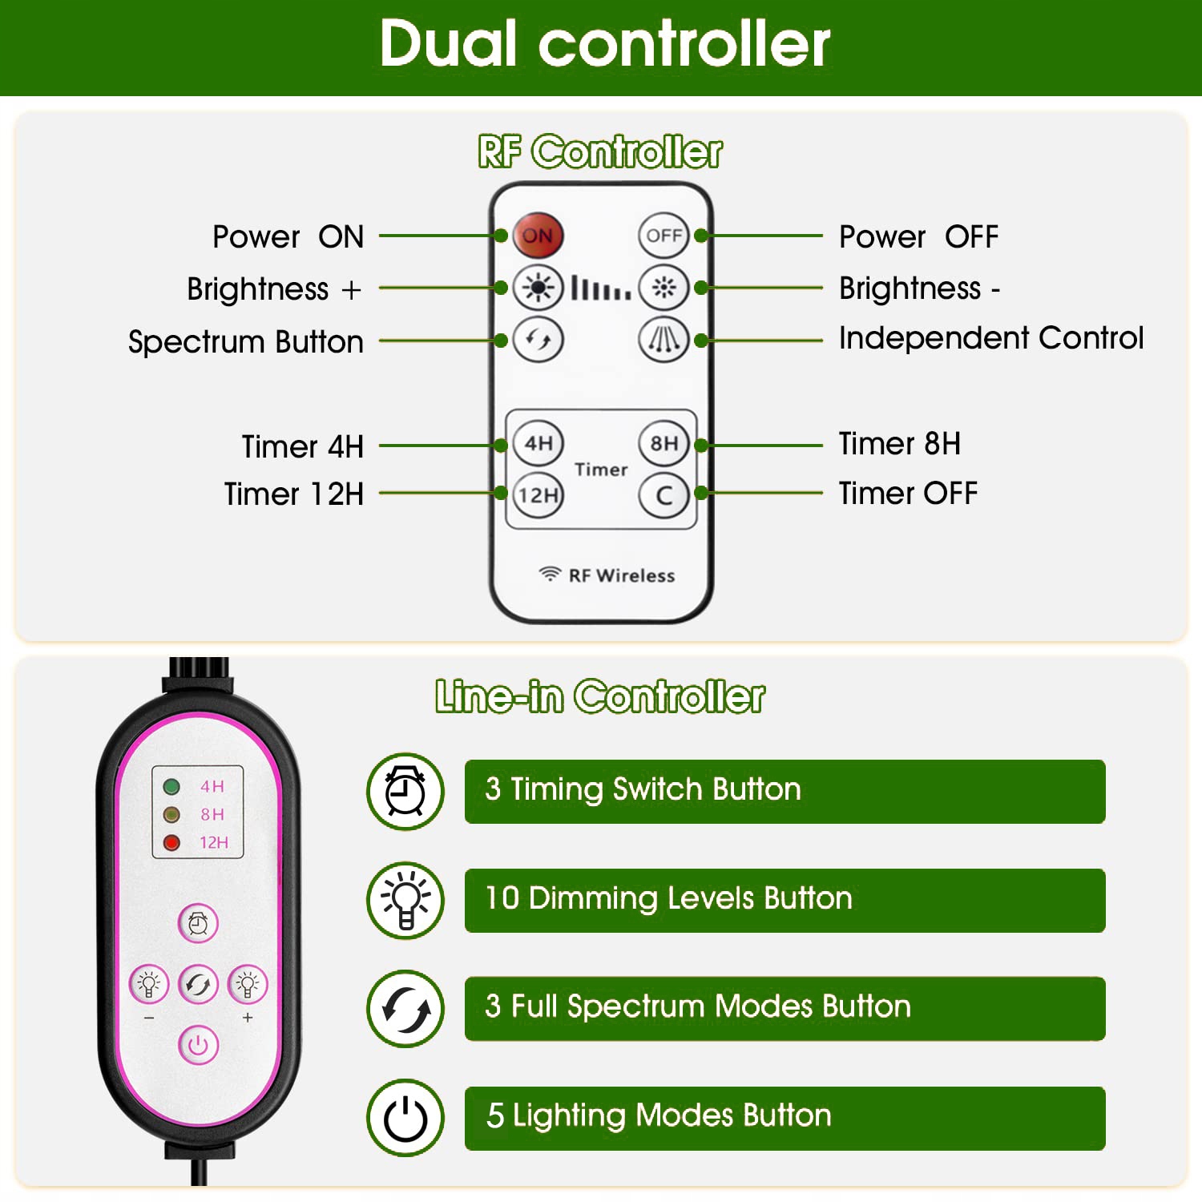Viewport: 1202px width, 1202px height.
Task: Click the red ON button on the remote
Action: (538, 236)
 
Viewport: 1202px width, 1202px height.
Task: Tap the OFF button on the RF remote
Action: (664, 236)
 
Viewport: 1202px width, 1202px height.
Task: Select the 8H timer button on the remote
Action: (664, 443)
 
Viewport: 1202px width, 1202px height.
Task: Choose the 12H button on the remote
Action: (538, 495)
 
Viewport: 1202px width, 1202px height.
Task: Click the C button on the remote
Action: (664, 495)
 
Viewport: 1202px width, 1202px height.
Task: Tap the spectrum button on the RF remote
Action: (538, 340)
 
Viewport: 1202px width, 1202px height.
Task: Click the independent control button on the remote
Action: (664, 340)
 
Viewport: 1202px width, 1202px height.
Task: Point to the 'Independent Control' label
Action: (990, 338)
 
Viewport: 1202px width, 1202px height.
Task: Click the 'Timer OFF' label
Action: (907, 494)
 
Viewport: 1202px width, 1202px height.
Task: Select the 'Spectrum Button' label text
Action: (245, 342)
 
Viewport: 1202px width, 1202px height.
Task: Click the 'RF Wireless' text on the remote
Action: (621, 575)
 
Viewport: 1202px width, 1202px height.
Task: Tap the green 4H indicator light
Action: (171, 786)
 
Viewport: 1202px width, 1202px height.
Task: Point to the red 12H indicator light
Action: (171, 842)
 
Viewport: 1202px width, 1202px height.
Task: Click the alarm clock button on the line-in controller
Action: (198, 923)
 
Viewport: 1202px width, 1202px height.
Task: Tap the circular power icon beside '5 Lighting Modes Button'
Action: (405, 1118)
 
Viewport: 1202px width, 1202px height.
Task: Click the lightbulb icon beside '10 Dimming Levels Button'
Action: (405, 900)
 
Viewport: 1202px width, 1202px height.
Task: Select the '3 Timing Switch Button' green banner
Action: (785, 791)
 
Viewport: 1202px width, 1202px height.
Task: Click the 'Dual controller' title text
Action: (605, 44)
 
